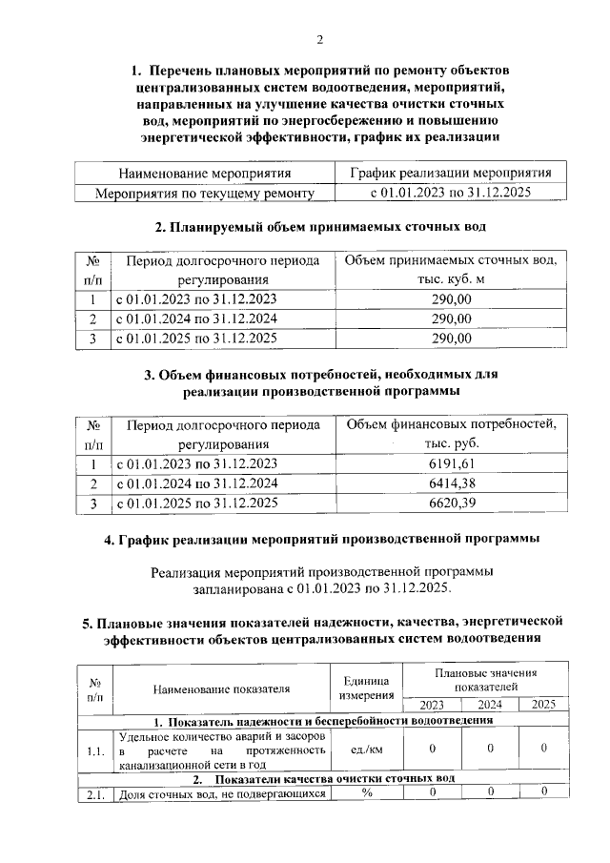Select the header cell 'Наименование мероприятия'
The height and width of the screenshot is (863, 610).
pos(204,173)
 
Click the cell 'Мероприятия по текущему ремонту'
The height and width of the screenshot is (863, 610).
pos(204,192)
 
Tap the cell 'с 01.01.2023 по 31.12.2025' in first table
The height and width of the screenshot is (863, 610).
pos(450,192)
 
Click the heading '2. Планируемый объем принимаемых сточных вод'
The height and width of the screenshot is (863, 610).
pos(320,227)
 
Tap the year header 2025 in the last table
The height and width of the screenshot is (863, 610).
pos(543,705)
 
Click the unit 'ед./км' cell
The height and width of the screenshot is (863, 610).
pos(366,750)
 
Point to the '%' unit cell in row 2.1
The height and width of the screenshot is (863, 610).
pos(366,791)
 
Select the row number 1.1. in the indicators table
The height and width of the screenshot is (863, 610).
pos(94,750)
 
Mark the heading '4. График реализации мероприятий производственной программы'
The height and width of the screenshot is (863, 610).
pos(321,539)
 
